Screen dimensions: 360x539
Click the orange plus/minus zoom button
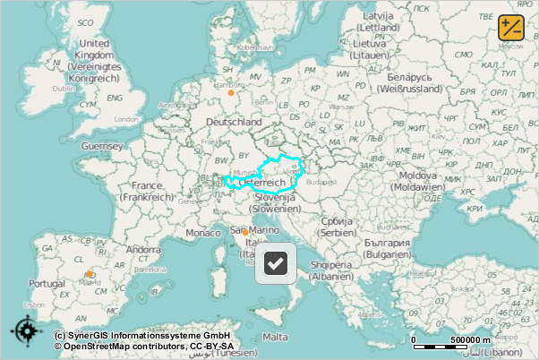pyautogui.click(x=511, y=26)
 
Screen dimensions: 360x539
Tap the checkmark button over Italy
pyautogui.click(x=276, y=264)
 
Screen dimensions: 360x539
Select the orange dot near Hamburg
pyautogui.click(x=230, y=91)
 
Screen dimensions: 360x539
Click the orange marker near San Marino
pyautogui.click(x=244, y=232)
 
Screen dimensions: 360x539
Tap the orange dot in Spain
pyautogui.click(x=90, y=274)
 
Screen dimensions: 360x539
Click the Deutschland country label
pyautogui.click(x=234, y=122)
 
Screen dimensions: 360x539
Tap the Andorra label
pyautogui.click(x=143, y=250)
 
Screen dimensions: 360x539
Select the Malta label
pyautogui.click(x=277, y=337)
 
